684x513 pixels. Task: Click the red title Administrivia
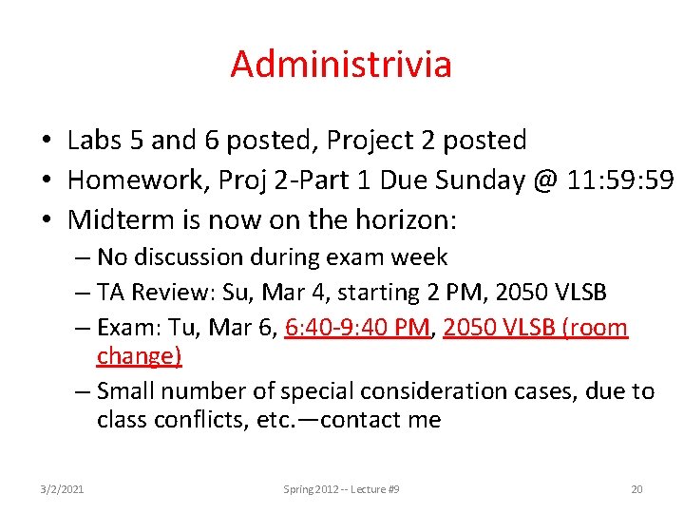[x=341, y=65]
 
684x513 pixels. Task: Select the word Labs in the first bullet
[x=93, y=141]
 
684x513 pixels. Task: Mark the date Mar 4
[x=281, y=293]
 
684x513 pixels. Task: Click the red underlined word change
[x=139, y=355]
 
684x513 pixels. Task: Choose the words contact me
[x=380, y=419]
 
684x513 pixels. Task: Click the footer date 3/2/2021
[x=62, y=489]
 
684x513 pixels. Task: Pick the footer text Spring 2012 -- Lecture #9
[x=341, y=489]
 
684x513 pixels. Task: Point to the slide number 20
[x=636, y=489]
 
